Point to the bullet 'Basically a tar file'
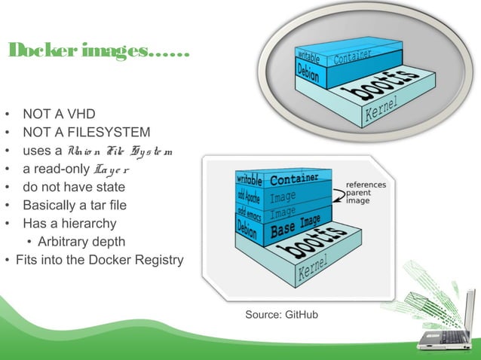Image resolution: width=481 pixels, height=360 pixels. click(75, 206)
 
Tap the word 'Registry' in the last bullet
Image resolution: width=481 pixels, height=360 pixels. click(155, 261)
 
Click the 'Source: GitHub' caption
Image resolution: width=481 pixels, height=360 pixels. click(281, 313)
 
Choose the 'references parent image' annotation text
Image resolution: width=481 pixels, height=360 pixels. click(366, 193)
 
